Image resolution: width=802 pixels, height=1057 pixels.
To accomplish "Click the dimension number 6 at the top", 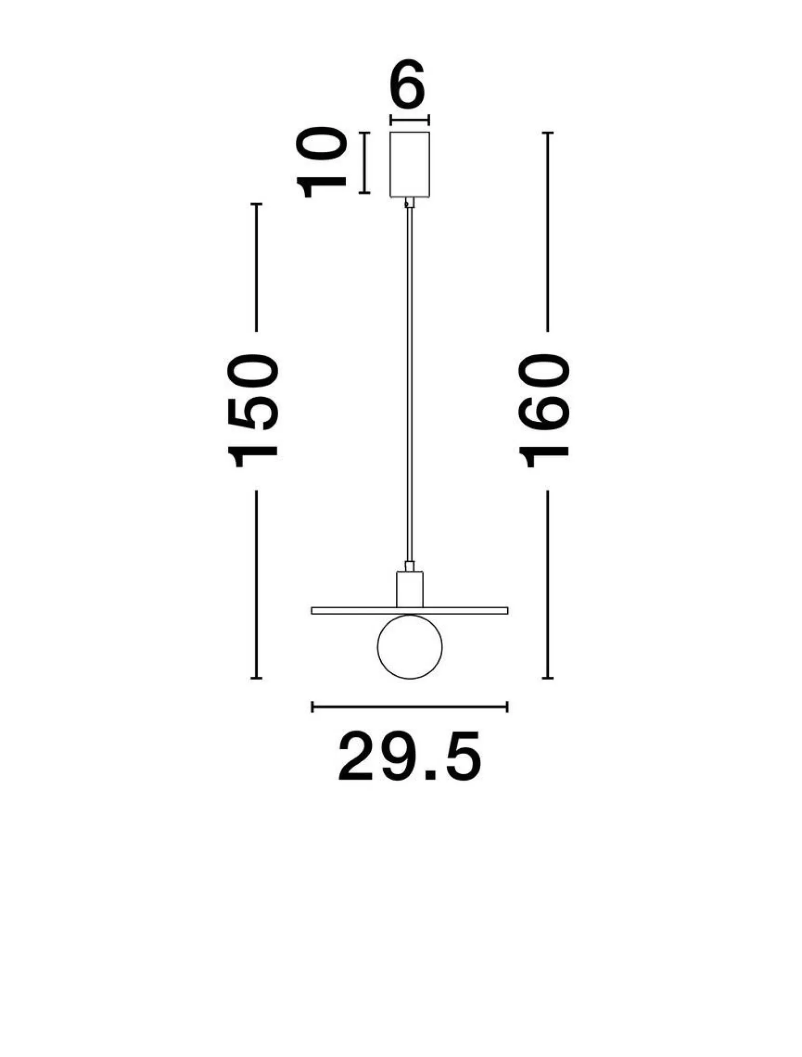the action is point(408,84).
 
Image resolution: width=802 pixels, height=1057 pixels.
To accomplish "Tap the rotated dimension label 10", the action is point(321,162).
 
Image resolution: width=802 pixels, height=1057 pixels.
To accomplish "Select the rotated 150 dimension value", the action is point(253,410).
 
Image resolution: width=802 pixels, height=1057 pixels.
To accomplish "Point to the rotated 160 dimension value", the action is point(545,410).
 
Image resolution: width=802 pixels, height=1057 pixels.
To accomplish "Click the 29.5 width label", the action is point(410,756).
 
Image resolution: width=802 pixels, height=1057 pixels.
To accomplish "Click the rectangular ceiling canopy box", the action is point(410,165).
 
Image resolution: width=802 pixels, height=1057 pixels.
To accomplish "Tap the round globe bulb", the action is point(410,647).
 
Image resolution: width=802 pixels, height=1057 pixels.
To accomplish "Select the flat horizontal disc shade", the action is point(410,611).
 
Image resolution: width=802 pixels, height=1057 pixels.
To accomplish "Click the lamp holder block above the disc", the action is point(410,589).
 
